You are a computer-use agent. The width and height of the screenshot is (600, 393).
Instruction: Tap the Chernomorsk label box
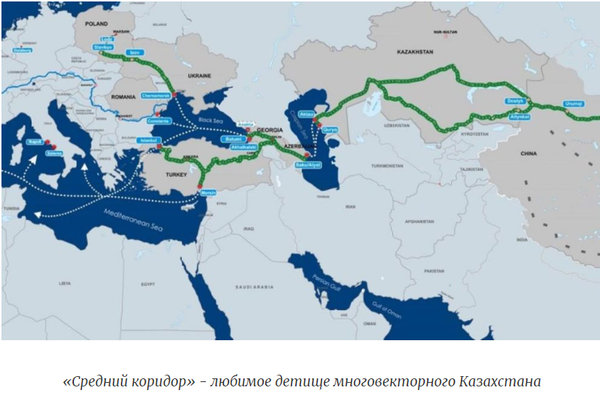156,95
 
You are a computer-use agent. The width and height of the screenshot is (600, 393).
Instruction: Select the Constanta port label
159,120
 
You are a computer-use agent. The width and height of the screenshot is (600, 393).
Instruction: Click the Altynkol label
519,117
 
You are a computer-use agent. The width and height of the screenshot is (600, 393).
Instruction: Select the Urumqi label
574,103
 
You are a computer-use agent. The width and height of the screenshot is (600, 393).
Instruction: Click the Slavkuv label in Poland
103,46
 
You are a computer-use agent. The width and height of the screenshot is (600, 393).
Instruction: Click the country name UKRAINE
199,76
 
